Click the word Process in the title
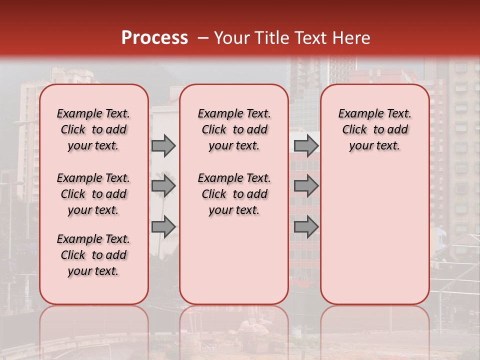[154, 37]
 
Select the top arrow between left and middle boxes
[163, 145]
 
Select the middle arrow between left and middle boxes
[163, 186]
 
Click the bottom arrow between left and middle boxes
[163, 227]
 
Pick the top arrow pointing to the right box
[306, 145]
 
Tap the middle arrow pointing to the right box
[306, 186]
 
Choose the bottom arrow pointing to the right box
[306, 227]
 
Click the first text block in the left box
[93, 129]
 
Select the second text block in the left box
[93, 194]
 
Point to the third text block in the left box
[93, 255]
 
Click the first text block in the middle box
[234, 129]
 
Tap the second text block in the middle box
[234, 194]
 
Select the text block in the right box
[374, 129]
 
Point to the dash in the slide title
[202, 38]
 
